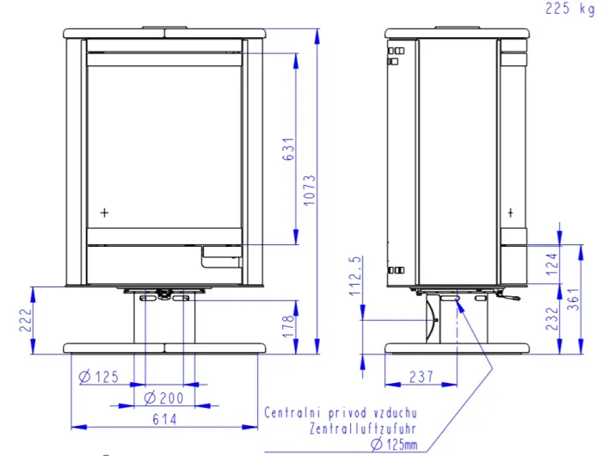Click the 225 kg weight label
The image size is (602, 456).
(569, 8)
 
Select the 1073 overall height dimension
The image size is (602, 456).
(310, 190)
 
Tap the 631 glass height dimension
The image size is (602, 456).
(289, 149)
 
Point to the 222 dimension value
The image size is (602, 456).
(26, 320)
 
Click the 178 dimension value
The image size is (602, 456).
(288, 327)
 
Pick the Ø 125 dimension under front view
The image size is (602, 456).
(99, 377)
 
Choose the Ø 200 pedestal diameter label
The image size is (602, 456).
(164, 398)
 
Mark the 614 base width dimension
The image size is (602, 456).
(165, 419)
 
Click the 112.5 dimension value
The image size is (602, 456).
(355, 276)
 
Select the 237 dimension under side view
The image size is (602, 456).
(421, 377)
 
